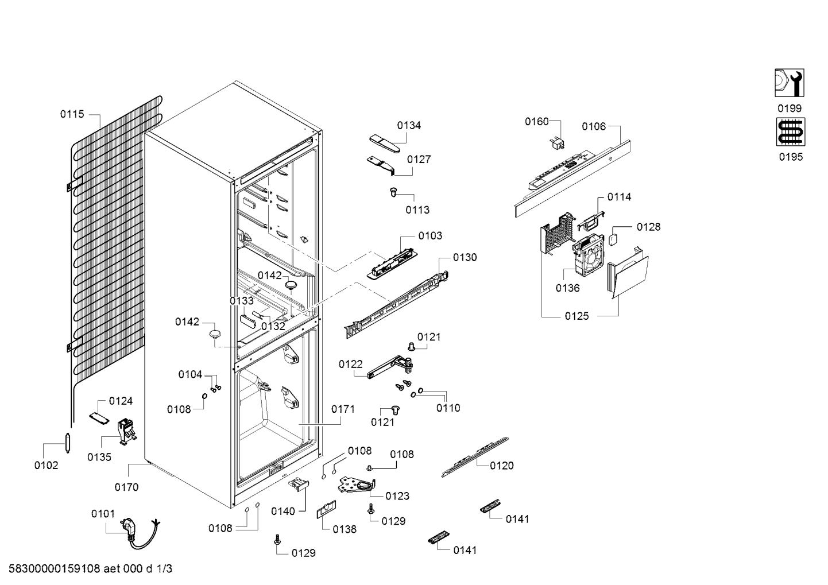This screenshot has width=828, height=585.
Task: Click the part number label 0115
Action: point(72,114)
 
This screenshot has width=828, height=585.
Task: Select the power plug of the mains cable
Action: point(126,525)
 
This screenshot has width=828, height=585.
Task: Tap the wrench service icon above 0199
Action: point(789,83)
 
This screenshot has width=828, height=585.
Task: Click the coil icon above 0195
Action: point(791,132)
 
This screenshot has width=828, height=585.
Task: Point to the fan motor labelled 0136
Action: point(589,255)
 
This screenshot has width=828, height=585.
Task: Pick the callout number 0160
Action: point(537,122)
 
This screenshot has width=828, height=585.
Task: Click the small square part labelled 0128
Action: point(614,240)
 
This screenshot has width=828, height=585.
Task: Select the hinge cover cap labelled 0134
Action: point(385,144)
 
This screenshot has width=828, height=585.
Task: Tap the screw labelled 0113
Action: point(393,192)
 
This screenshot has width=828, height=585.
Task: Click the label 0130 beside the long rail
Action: point(465,258)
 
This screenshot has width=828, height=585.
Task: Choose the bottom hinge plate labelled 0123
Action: point(357,485)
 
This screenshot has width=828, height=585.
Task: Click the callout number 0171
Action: point(343,409)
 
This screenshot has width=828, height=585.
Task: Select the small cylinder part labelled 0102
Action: point(68,443)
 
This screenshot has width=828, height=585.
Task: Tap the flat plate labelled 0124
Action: point(99,418)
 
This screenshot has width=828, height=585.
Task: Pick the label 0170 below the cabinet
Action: point(126,487)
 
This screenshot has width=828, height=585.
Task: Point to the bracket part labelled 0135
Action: point(126,432)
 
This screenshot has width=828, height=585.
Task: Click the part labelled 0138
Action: point(326,510)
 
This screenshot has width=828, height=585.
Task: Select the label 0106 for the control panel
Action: point(594,127)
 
